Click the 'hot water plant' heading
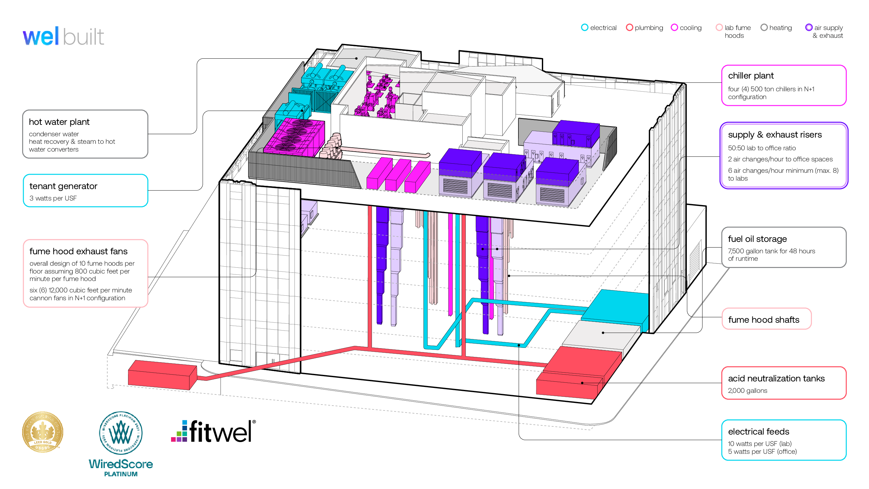coord(59,122)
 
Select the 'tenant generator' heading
coord(63,186)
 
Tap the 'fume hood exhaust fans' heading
coord(78,251)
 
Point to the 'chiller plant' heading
coord(751,76)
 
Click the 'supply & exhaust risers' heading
coord(775,135)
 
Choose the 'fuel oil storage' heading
coord(757,239)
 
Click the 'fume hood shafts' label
coord(763,319)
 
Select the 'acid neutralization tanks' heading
coord(776,378)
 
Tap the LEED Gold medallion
coord(42,432)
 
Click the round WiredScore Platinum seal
coord(121,433)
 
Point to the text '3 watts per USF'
coord(53,198)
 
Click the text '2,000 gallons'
coord(747,391)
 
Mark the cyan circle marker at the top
coord(585,27)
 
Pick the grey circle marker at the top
coord(764,27)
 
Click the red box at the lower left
coord(162,375)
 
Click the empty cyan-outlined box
coord(783,440)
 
